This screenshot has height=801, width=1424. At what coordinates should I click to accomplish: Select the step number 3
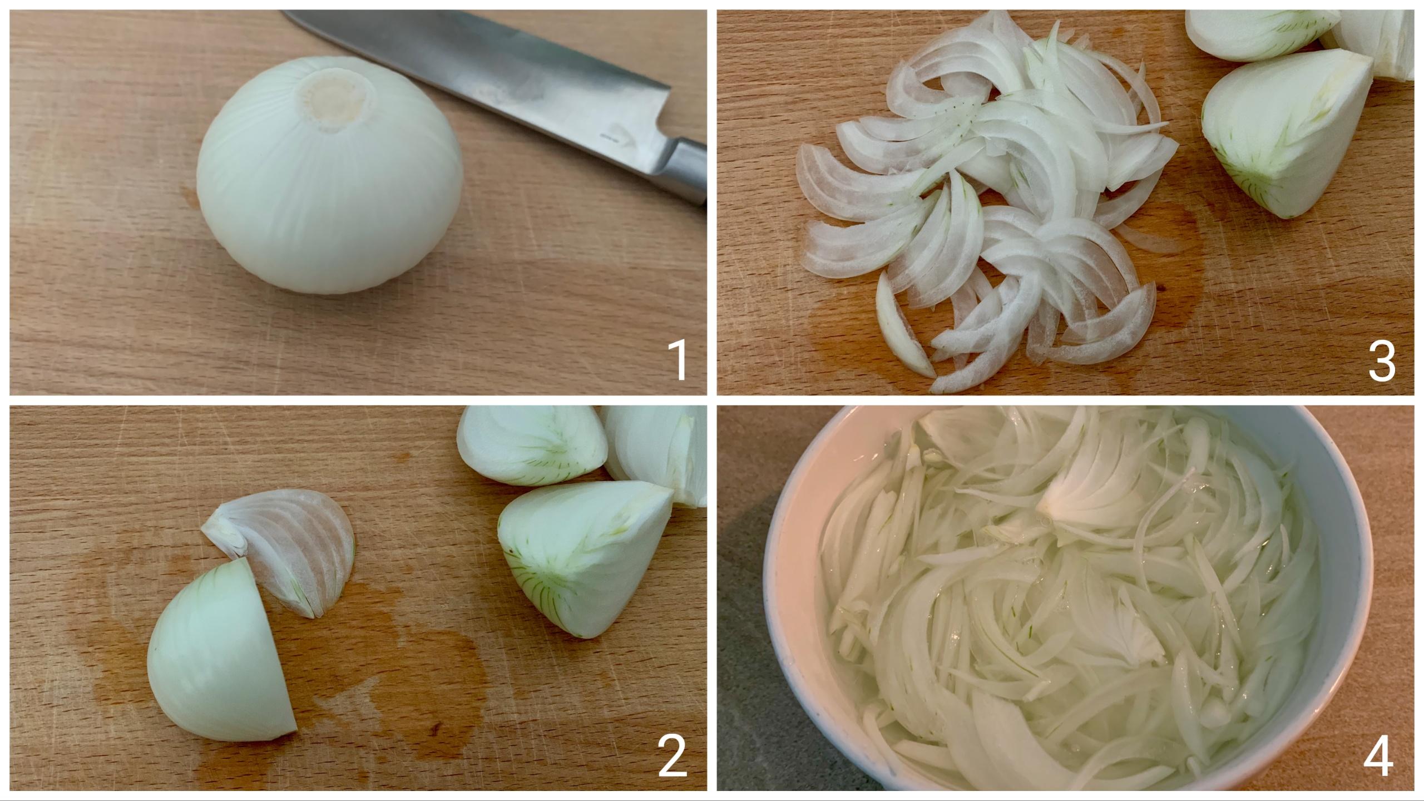click(1382, 362)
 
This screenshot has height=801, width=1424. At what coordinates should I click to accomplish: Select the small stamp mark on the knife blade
click(612, 135)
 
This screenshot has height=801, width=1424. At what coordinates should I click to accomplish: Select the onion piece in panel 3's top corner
click(1257, 31)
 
